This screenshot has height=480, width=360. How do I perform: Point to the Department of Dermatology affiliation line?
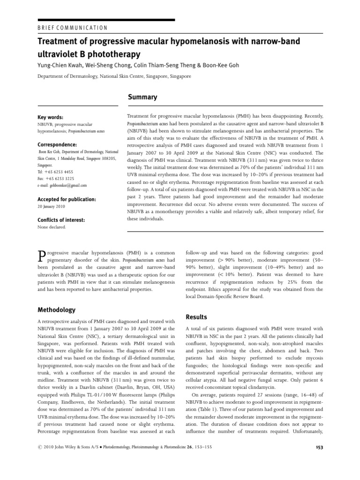pyautogui.click(x=114, y=76)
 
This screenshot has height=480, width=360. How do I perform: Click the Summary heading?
pyautogui.click(x=143, y=97)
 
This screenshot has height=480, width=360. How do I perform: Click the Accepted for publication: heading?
pyautogui.click(x=66, y=199)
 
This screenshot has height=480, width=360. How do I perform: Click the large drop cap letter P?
pyautogui.click(x=41, y=255)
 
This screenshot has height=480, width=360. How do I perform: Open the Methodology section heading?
pyautogui.click(x=56, y=310)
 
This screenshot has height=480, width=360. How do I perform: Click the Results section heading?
pyautogui.click(x=196, y=317)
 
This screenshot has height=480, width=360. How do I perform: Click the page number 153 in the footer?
pyautogui.click(x=318, y=447)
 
